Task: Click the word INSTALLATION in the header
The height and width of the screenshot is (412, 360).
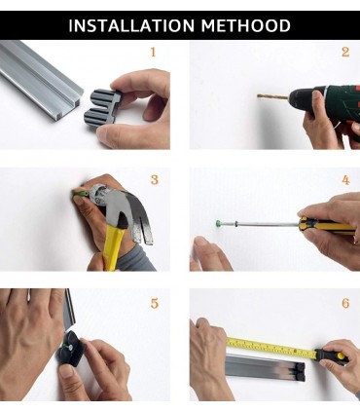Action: click(x=131, y=25)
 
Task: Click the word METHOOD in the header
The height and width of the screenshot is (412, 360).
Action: click(x=246, y=25)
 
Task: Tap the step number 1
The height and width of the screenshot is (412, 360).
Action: click(x=153, y=52)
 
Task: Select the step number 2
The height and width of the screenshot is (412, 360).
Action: click(x=345, y=52)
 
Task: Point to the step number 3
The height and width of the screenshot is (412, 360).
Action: click(x=155, y=179)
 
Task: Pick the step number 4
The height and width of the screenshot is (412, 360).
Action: click(x=345, y=180)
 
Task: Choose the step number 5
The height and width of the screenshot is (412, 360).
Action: click(x=155, y=304)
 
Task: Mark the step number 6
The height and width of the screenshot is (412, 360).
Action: click(x=345, y=303)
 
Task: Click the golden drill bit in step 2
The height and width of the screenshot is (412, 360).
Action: click(x=272, y=96)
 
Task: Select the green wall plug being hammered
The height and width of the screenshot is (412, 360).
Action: click(x=81, y=194)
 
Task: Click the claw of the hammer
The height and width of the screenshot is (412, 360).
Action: click(x=143, y=226)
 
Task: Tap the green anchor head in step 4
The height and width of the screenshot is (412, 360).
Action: click(x=218, y=223)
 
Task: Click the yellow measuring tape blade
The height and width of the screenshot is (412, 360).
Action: click(x=271, y=347)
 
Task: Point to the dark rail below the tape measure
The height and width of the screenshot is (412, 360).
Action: click(x=265, y=367)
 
